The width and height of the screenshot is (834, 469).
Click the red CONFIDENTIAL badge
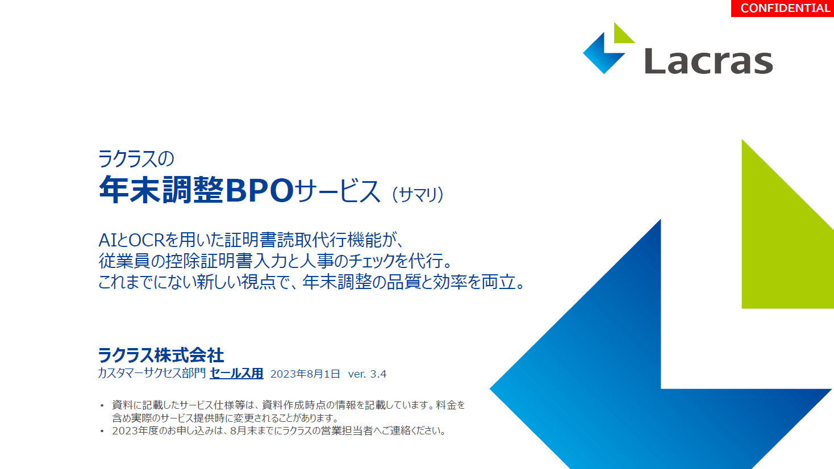point(782,8)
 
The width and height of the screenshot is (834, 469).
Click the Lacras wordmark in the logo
point(709,61)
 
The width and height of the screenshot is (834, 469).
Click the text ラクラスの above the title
point(136,158)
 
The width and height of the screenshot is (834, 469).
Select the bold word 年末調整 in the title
point(161,190)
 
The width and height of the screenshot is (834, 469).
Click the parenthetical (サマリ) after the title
point(418,194)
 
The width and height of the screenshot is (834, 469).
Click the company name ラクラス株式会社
point(161,355)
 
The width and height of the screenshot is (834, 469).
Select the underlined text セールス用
point(236,374)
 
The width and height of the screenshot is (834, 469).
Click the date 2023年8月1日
point(305,374)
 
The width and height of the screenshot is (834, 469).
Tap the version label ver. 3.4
point(367,374)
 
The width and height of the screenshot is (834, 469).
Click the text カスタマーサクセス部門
point(152,374)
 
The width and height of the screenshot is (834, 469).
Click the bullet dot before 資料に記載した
point(102,406)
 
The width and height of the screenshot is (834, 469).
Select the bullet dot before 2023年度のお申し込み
point(102,432)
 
